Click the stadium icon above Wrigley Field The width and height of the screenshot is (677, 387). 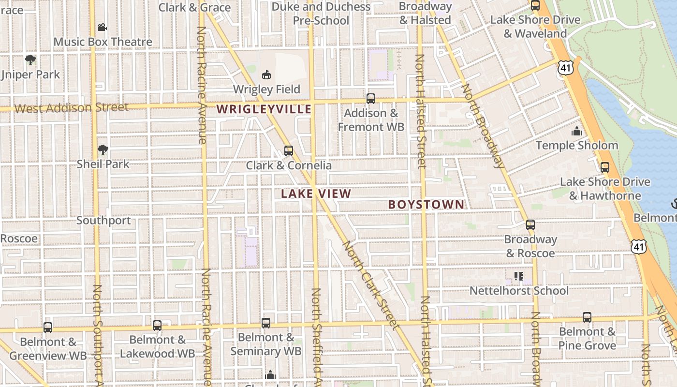click(x=266, y=74)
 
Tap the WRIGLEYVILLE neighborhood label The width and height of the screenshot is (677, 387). click(x=264, y=109)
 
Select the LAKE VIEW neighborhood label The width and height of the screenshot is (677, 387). click(x=316, y=194)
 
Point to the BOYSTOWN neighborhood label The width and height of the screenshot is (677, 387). click(x=426, y=205)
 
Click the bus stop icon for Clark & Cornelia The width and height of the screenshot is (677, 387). click(x=289, y=150)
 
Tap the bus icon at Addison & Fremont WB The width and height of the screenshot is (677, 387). click(x=371, y=99)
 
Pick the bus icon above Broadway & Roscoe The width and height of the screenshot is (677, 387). click(x=530, y=225)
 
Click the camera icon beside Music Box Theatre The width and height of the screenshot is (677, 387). click(x=102, y=28)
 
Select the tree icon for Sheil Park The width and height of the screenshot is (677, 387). click(x=103, y=150)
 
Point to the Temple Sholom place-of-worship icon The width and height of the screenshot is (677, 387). click(x=576, y=131)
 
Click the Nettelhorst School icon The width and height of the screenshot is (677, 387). click(x=519, y=276)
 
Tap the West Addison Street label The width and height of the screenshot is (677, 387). click(x=72, y=107)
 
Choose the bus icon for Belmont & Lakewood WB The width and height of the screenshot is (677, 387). click(x=157, y=325)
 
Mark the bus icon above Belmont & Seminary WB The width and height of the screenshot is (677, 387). click(x=266, y=323)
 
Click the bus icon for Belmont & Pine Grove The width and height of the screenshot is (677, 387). click(x=587, y=317)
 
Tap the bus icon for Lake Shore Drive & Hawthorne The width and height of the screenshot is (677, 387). click(x=605, y=167)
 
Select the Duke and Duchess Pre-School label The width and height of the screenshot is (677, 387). click(x=321, y=14)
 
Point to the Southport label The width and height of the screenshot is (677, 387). click(x=103, y=221)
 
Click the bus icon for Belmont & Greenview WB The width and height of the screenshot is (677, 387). click(x=48, y=327)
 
